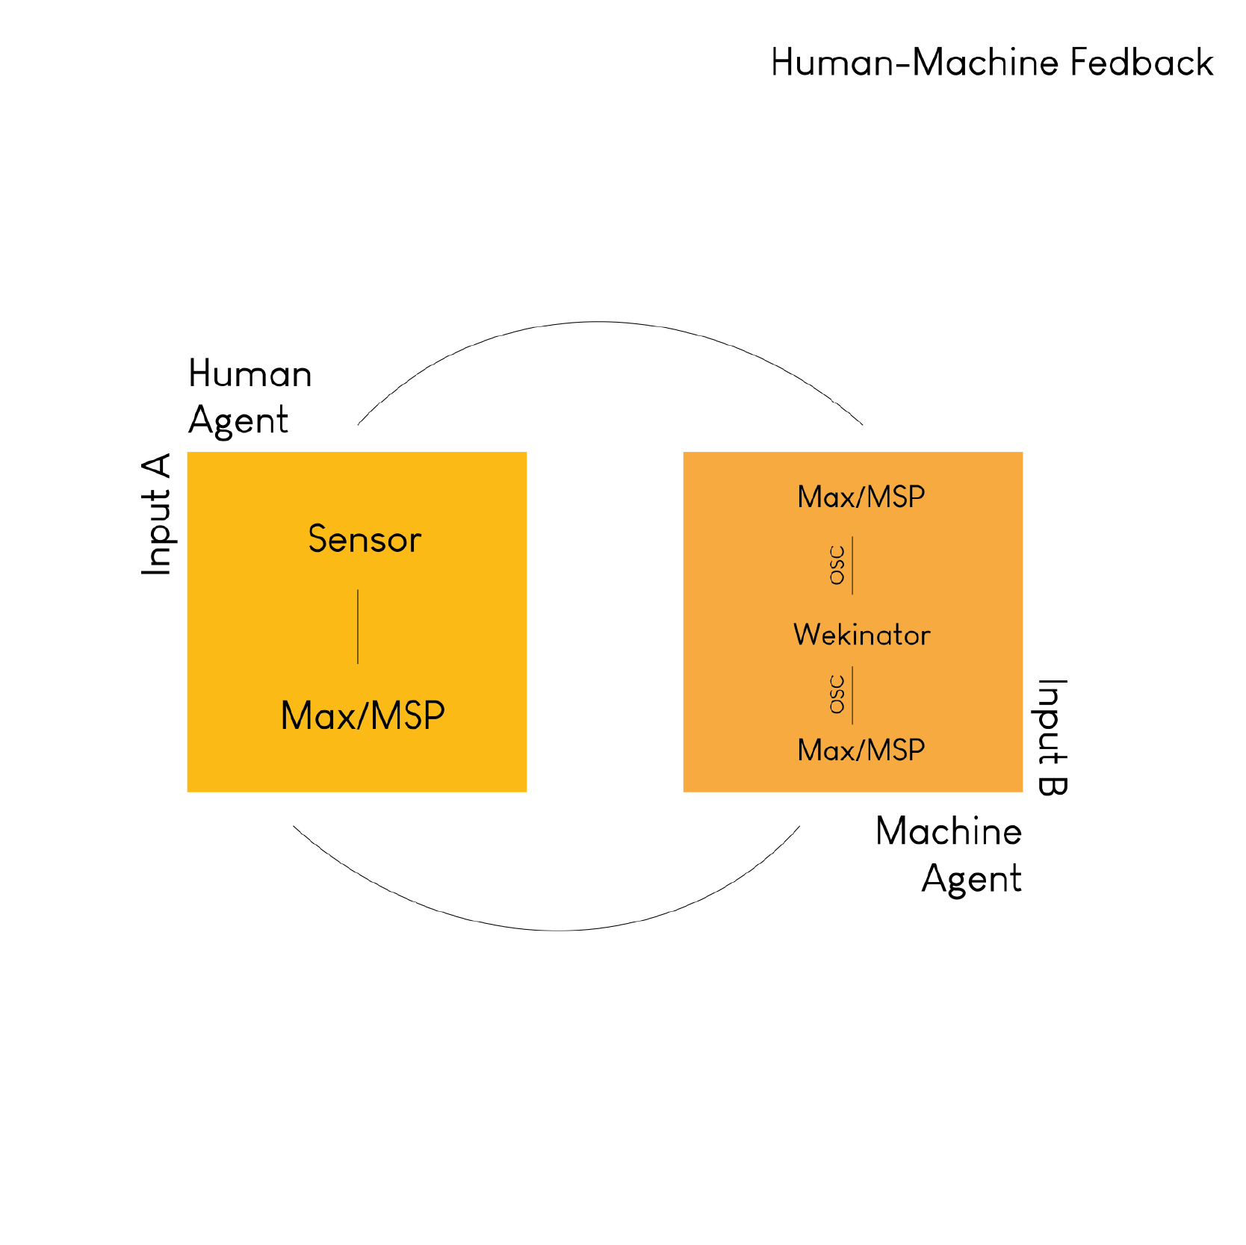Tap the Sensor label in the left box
point(365,539)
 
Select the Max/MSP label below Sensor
point(363,715)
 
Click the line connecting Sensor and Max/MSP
point(358,627)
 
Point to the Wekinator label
point(861,635)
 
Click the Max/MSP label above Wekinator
point(861,497)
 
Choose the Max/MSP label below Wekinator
point(861,750)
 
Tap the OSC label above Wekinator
point(838,565)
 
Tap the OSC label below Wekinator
point(838,695)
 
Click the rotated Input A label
point(157,515)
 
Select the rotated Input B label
point(1053,737)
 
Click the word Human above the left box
point(250,373)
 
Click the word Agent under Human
point(238,421)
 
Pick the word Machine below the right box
point(949,831)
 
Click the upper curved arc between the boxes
point(598,322)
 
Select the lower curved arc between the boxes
point(559,931)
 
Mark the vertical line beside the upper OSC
point(852,565)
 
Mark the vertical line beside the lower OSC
point(852,695)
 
